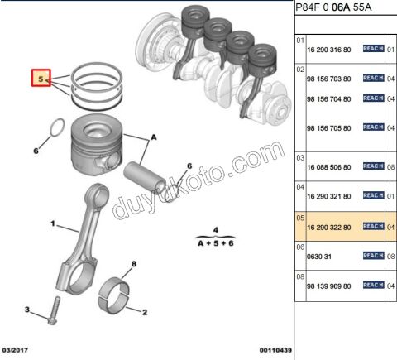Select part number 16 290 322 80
coord(329,227)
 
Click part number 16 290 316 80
coord(329,50)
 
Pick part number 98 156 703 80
coord(329,79)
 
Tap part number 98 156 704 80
coord(329,98)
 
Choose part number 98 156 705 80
coord(329,128)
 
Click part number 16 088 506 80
coord(329,166)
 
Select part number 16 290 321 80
coord(329,196)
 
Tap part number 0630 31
coord(320,257)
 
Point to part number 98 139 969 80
coord(329,286)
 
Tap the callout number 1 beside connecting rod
coord(52,223)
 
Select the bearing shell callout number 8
coord(132,264)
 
